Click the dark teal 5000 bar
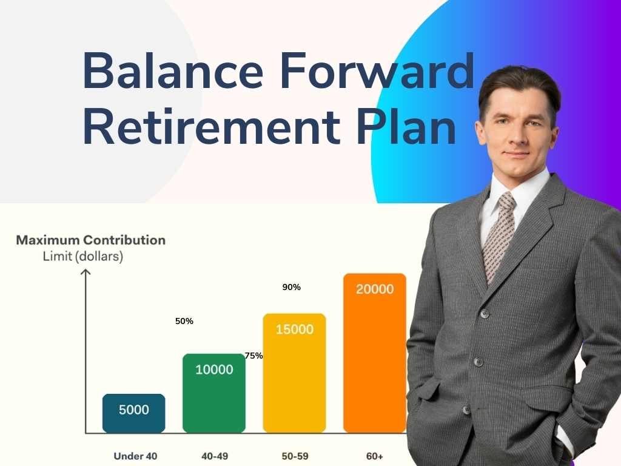[x=133, y=413]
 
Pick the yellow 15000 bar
[x=294, y=373]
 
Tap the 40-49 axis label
[x=214, y=456]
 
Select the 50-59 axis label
[x=294, y=456]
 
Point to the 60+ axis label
[x=374, y=456]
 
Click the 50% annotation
[x=184, y=321]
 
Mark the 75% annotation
[x=254, y=356]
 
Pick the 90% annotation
[x=291, y=287]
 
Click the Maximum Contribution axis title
[x=90, y=240]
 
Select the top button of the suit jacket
[x=485, y=314]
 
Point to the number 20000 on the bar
[x=374, y=289]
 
